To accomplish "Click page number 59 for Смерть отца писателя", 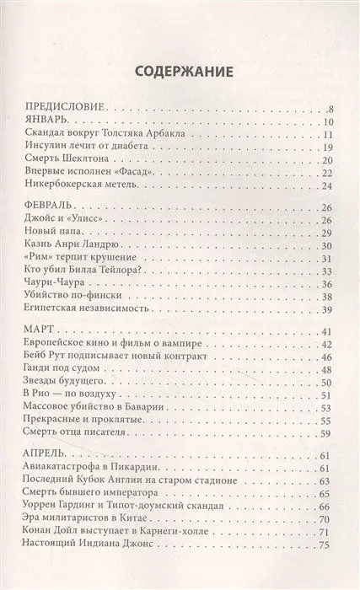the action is tap(330, 435).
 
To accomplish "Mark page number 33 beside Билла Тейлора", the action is tap(330, 269).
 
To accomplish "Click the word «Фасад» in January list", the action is tap(143, 172).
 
